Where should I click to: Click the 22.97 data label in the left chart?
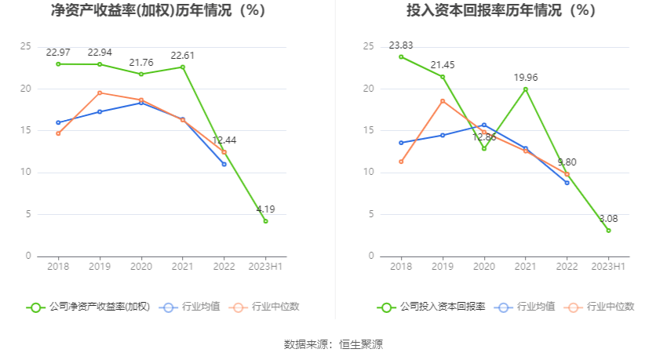(x=58, y=53)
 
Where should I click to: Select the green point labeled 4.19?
(x=265, y=221)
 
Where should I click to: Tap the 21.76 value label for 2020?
(x=141, y=62)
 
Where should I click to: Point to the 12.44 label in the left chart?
(x=224, y=140)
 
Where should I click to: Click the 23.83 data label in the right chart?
(x=401, y=45)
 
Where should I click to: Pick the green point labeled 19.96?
(x=525, y=89)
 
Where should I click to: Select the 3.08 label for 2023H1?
(x=608, y=219)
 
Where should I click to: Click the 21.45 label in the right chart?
(x=443, y=65)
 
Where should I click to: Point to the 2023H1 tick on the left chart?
(x=265, y=267)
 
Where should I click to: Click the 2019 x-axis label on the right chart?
(x=443, y=267)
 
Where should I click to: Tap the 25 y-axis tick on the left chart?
(x=26, y=47)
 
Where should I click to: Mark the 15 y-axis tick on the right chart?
(x=368, y=131)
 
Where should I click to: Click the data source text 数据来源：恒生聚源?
(x=333, y=344)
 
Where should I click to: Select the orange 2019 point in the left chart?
(x=100, y=93)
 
